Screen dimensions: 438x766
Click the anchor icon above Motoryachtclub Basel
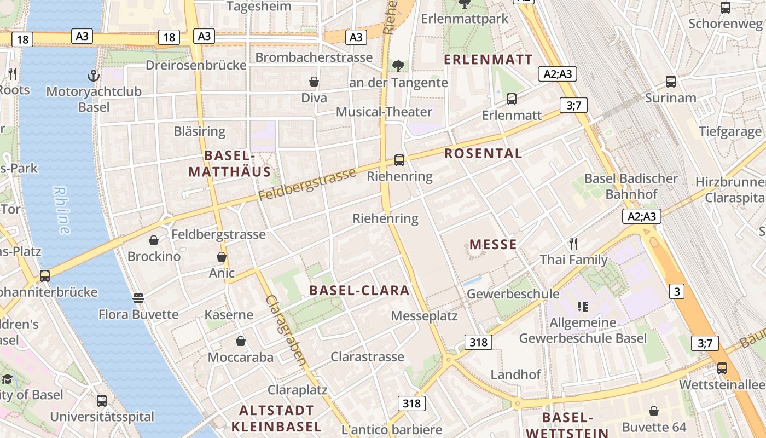93,75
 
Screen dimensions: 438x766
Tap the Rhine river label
62,210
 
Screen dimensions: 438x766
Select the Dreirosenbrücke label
196,65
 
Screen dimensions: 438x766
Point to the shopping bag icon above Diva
314,82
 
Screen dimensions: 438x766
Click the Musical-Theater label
384,112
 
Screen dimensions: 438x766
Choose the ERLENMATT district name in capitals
488,60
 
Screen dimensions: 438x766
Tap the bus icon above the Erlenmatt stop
512,99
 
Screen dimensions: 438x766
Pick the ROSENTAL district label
483,154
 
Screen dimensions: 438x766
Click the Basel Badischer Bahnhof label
631,186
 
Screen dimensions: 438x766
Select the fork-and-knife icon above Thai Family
573,243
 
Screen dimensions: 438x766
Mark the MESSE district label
493,244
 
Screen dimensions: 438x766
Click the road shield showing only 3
677,291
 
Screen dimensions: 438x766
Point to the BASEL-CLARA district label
359,290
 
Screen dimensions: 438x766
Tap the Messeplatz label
424,316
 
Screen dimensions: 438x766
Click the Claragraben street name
286,330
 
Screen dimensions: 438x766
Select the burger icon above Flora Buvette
138,298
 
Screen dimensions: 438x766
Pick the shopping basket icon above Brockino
154,240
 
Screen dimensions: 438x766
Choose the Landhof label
515,374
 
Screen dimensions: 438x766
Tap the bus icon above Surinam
671,82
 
